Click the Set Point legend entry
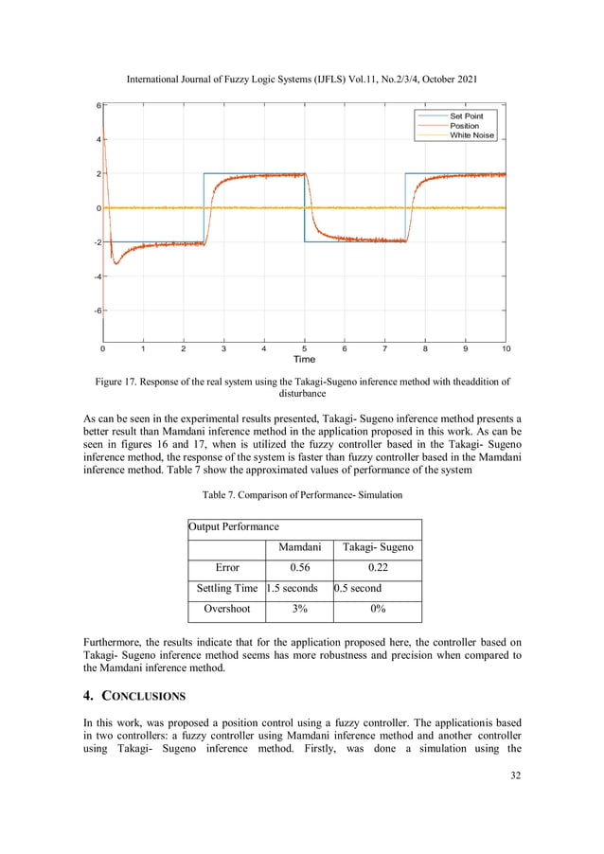tap(466, 116)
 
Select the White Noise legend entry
tap(471, 135)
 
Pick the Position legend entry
tap(464, 126)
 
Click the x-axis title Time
tap(304, 359)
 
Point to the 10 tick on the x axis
tap(506, 348)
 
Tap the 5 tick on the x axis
tap(304, 348)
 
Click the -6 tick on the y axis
tap(96, 311)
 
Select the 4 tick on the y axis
tap(98, 140)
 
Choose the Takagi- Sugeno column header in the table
tap(377, 547)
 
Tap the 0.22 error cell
tap(377, 568)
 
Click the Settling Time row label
tap(226, 589)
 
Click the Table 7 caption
tap(302, 495)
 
